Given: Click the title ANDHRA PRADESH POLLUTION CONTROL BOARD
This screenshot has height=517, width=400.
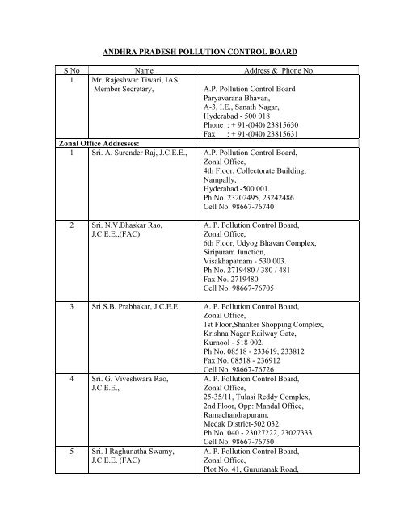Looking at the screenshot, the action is (x=200, y=49).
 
